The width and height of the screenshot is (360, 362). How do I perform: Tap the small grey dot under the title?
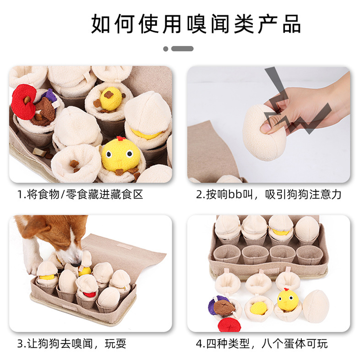[166, 49]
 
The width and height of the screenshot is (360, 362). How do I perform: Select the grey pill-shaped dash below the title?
[182, 49]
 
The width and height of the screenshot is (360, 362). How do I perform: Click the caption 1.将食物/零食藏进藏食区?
[81, 194]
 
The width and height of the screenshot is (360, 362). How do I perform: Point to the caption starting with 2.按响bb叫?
[269, 194]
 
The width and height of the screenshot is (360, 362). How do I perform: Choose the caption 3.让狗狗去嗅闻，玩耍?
[72, 343]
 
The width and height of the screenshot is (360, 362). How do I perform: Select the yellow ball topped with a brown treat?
[111, 98]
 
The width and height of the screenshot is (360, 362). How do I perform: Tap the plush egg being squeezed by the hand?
[264, 133]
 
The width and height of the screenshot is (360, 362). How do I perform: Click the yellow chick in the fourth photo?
[288, 300]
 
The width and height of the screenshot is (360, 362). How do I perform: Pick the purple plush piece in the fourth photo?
[215, 306]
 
